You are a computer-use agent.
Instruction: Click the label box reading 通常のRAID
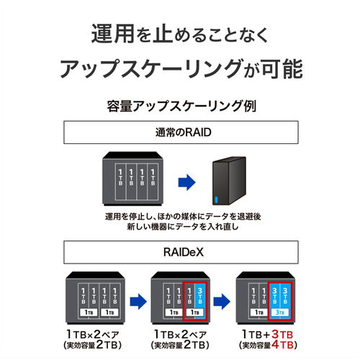pyautogui.click(x=181, y=132)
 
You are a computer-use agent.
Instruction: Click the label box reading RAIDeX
pyautogui.click(x=181, y=252)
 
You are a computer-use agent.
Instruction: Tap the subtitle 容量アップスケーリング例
pyautogui.click(x=181, y=106)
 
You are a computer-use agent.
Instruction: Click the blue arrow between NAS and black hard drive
pyautogui.click(x=186, y=182)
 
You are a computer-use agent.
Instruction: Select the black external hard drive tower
pyautogui.click(x=229, y=181)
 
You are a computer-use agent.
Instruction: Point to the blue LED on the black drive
pyautogui.click(x=217, y=199)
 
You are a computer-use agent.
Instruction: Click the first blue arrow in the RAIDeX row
pyautogui.click(x=138, y=302)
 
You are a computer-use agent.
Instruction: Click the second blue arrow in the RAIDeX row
pyautogui.click(x=222, y=302)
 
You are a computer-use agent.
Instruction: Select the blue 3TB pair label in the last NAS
pyautogui.click(x=280, y=312)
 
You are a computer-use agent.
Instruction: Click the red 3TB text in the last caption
pyautogui.click(x=282, y=334)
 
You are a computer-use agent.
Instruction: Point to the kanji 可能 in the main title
pyautogui.click(x=282, y=69)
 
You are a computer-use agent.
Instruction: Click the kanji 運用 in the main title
pyautogui.click(x=113, y=34)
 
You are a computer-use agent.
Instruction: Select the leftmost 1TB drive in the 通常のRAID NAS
pyautogui.click(x=120, y=181)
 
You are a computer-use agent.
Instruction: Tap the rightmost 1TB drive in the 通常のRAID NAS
pyautogui.click(x=153, y=181)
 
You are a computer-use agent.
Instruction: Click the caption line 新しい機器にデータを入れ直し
pyautogui.click(x=183, y=227)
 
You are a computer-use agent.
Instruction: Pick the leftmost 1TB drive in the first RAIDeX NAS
pyautogui.click(x=84, y=296)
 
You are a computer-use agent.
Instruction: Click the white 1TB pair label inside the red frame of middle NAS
pyautogui.click(x=194, y=312)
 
